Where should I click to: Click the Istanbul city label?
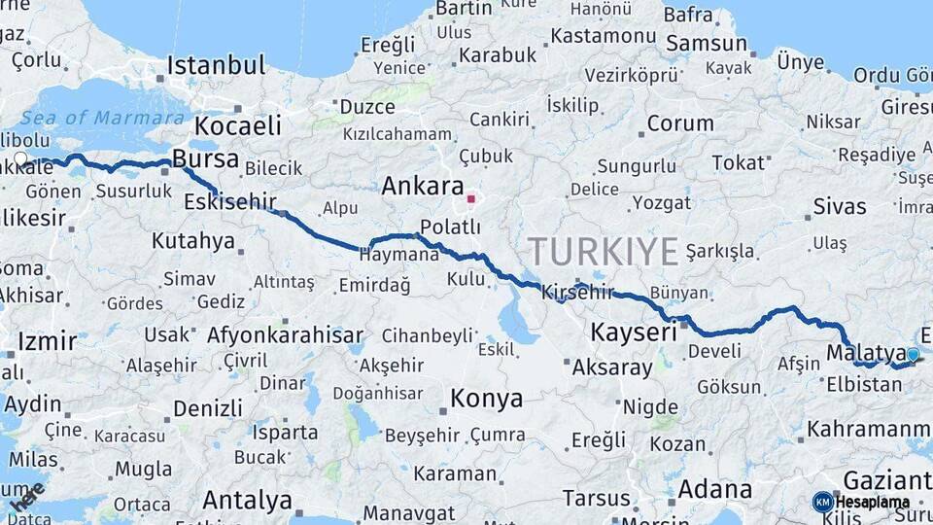216,66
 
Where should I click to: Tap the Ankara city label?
422,186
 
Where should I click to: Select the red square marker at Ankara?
471,199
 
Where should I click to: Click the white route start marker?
20,157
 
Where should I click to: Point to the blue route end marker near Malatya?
913,355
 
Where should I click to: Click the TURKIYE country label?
603,252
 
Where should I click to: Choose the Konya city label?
486,399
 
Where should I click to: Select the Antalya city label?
247,500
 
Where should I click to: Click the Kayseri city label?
634,333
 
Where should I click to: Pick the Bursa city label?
205,158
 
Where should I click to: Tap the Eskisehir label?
229,202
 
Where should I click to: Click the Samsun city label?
707,44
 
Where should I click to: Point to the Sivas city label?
839,206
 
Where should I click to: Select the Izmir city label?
47,341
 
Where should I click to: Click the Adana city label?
714,489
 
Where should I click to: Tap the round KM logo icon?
823,502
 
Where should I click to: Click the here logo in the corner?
25,496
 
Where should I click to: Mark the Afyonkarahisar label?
285,335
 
